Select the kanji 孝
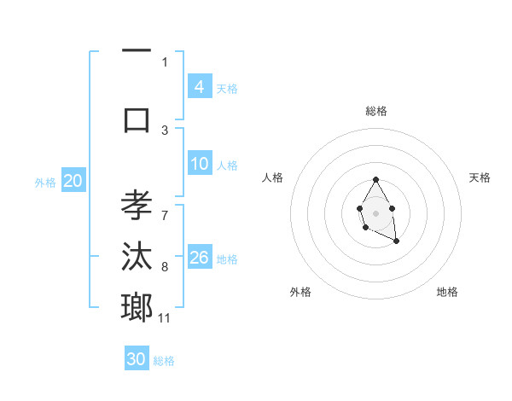(x=137, y=206)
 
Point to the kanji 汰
(x=137, y=255)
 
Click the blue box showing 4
(x=199, y=86)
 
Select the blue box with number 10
(x=199, y=164)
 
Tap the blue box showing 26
(x=199, y=258)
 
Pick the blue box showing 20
(x=73, y=181)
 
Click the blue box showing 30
(x=137, y=359)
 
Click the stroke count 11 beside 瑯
(x=165, y=318)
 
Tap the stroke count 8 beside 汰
(x=165, y=266)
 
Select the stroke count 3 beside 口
(x=165, y=130)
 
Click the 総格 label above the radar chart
(x=375, y=111)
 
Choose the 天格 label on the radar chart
(x=480, y=177)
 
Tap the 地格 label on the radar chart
(x=447, y=292)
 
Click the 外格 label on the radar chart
(x=300, y=292)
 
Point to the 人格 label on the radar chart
(x=273, y=177)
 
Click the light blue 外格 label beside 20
(x=44, y=182)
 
